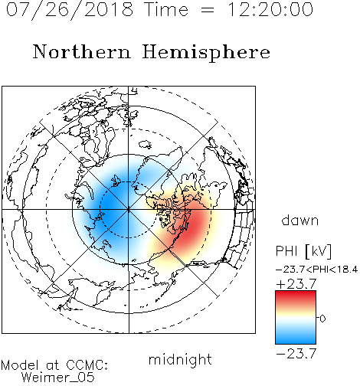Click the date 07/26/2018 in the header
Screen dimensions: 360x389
(x=70, y=10)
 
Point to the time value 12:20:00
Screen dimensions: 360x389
(x=270, y=9)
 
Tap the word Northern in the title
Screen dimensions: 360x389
(x=82, y=51)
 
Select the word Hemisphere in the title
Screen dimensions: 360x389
(x=206, y=52)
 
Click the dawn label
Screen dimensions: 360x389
(x=300, y=220)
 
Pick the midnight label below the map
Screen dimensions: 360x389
(x=180, y=359)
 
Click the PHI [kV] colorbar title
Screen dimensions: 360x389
(x=303, y=251)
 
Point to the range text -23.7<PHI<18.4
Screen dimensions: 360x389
(x=316, y=270)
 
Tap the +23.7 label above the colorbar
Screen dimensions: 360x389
(x=296, y=283)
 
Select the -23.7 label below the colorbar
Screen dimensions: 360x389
(x=296, y=354)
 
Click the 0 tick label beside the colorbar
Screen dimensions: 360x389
(x=322, y=319)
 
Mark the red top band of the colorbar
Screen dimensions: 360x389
(x=296, y=296)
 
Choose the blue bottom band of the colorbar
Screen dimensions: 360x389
(x=296, y=338)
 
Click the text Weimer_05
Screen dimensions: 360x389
(x=58, y=378)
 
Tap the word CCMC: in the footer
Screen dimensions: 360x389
(x=87, y=365)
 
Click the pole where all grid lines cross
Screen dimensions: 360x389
(x=129, y=210)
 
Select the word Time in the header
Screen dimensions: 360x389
(x=166, y=9)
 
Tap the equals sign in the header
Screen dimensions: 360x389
(x=208, y=10)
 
